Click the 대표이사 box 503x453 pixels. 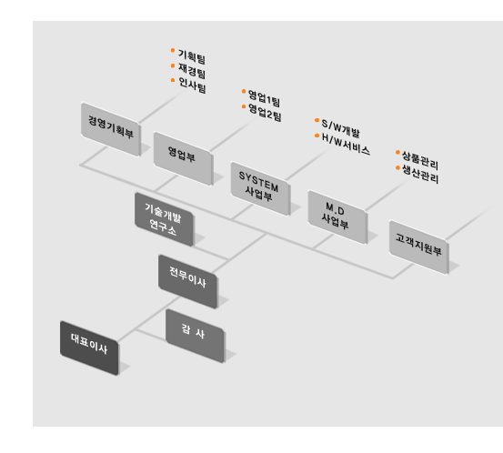coord(89,347)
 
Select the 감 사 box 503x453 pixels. coord(195,336)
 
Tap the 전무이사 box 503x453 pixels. coord(187,281)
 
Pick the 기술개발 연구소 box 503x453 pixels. coord(165,219)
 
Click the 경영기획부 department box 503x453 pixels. coord(111,129)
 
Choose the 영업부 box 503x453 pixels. coord(183,158)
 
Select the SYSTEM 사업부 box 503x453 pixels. coord(260,188)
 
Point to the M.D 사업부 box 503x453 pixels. coord(337,217)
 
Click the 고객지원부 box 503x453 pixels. coord(418,247)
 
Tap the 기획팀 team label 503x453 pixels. coord(192,56)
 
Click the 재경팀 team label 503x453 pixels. coord(192,71)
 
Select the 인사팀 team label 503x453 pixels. coord(192,86)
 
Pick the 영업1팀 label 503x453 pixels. coord(265,99)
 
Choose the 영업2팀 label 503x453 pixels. coord(265,113)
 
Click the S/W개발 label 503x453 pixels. coord(340,128)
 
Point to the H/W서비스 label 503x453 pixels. coord(346,145)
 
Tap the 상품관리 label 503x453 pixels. coord(420,160)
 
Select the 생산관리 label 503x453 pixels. coord(420,175)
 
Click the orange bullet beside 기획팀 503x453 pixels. coord(173,50)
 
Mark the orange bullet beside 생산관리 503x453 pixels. coord(397,167)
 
